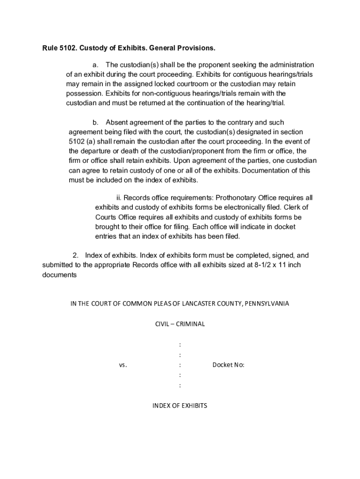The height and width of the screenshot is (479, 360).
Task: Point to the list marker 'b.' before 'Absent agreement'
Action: pos(96,123)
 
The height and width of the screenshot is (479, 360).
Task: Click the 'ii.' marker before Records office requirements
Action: pos(119,198)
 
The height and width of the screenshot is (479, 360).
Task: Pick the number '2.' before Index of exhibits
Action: pos(76,256)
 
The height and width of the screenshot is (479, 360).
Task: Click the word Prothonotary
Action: pos(223,198)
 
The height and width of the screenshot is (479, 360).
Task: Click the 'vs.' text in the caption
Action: pos(123,365)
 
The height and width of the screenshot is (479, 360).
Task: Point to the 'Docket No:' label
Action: pos(228,365)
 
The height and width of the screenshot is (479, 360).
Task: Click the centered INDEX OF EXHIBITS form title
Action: pos(180,406)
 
